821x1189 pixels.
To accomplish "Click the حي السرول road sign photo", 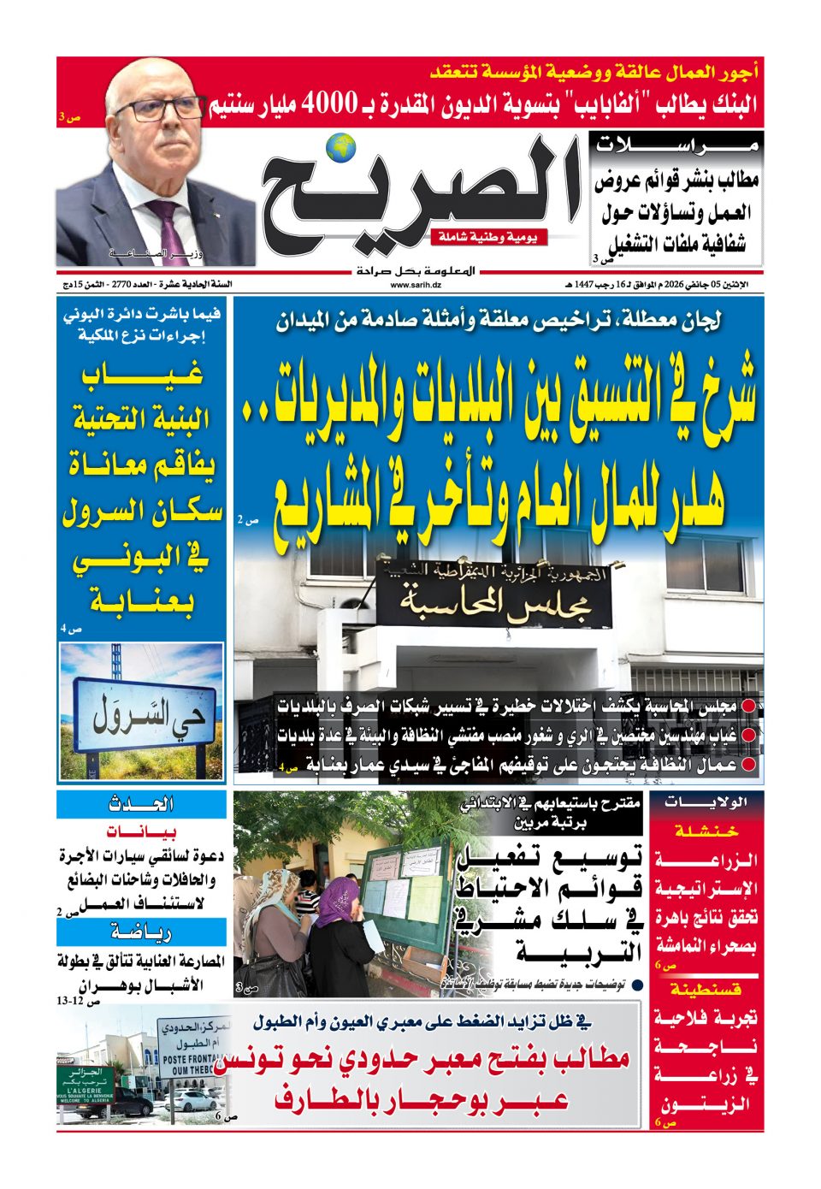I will point(142,713).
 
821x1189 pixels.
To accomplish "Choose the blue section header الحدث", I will point(142,804).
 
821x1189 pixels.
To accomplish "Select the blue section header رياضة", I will point(142,932).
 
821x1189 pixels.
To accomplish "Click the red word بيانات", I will point(142,831).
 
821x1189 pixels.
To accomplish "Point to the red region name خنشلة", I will point(706,830).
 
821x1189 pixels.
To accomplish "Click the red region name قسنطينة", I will point(706,990).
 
